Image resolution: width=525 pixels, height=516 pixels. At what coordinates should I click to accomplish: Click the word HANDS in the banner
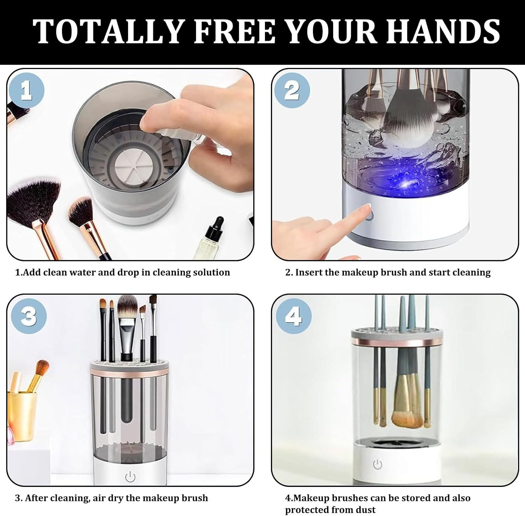(x=443, y=32)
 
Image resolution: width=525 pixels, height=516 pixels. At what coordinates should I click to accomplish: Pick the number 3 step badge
(x=28, y=316)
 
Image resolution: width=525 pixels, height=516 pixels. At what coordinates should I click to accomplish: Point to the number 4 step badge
(x=293, y=316)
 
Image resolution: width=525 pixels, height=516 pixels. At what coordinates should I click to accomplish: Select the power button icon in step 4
(x=377, y=465)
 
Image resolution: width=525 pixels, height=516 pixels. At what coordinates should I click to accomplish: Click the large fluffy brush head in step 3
(x=127, y=305)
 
